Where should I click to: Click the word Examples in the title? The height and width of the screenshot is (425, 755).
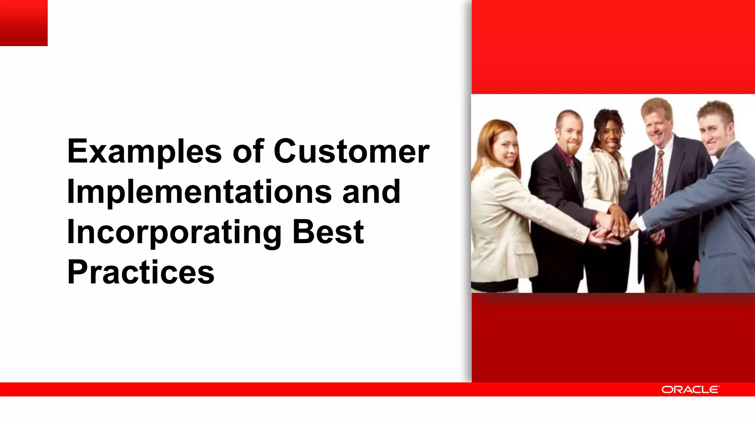(x=144, y=152)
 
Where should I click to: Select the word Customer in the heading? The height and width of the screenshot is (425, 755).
(x=351, y=151)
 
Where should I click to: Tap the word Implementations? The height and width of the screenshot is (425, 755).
(x=199, y=192)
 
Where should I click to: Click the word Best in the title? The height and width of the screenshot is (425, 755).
(x=328, y=232)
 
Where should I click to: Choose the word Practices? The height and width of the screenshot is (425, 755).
(x=140, y=273)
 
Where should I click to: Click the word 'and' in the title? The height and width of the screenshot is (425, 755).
(x=371, y=192)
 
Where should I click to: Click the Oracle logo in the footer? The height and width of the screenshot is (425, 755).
(x=690, y=390)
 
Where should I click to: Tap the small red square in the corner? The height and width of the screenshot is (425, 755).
(x=24, y=23)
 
